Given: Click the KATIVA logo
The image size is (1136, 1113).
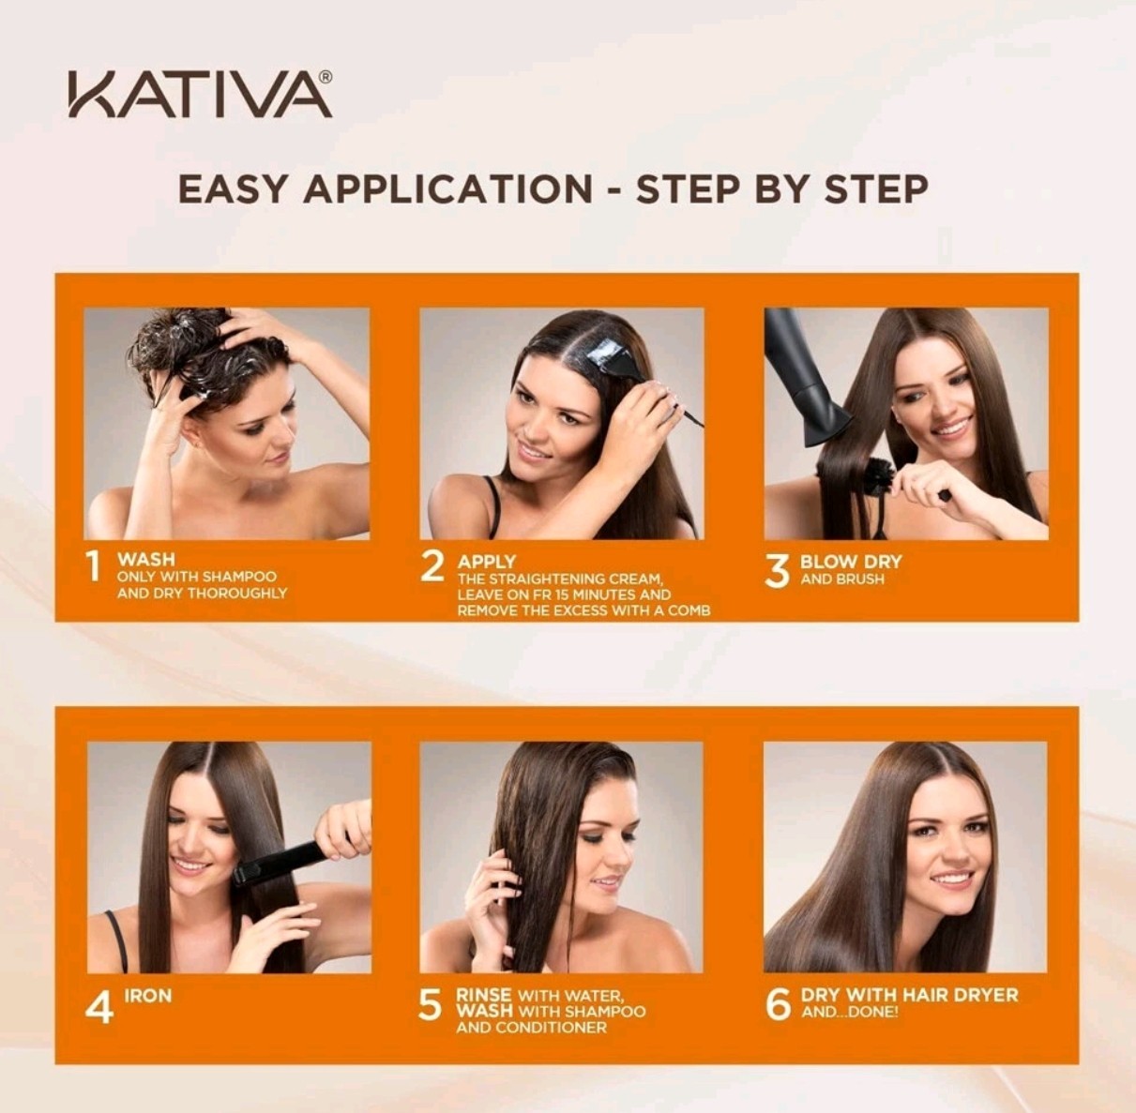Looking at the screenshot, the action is [x=200, y=95].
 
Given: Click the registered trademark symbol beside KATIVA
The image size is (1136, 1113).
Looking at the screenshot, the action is [x=325, y=77].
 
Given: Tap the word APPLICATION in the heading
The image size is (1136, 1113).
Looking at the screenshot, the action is [x=447, y=189].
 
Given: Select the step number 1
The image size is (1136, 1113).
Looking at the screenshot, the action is [x=93, y=567].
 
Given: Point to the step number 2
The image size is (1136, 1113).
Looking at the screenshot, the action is [x=432, y=567].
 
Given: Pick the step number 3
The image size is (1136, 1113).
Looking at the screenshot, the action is [x=777, y=572].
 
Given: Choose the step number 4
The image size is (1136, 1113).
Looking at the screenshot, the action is [x=98, y=1007].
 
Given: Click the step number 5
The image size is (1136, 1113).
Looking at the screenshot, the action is [x=430, y=1005].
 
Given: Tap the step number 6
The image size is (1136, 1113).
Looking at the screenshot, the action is [x=778, y=1005].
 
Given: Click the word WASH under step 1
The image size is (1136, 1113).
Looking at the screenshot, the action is [x=146, y=560].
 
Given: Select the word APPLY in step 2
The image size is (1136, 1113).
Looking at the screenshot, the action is [x=487, y=562].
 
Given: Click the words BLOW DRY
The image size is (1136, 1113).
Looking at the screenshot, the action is [x=851, y=562].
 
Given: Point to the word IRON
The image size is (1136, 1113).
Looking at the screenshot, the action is [x=148, y=997].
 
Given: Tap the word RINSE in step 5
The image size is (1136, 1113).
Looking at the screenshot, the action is [x=483, y=996].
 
